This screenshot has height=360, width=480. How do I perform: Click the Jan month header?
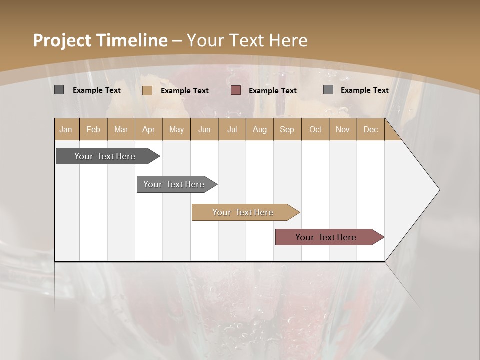click(x=66, y=129)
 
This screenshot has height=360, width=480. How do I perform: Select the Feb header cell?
click(x=93, y=129)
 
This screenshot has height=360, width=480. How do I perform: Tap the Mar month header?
click(x=121, y=129)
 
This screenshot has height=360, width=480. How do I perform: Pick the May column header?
click(x=176, y=129)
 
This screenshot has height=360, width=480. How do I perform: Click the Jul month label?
click(x=232, y=129)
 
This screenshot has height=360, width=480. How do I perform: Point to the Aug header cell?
click(x=259, y=129)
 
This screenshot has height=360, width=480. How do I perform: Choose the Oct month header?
click(x=315, y=129)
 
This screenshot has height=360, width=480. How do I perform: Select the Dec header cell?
click(x=370, y=129)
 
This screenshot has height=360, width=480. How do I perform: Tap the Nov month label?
click(x=342, y=129)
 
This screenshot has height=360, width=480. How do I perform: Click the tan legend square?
click(x=147, y=90)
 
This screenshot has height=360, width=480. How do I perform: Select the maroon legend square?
click(x=236, y=90)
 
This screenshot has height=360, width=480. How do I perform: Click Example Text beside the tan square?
click(x=185, y=91)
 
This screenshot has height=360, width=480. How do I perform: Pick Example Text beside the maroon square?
click(x=273, y=91)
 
